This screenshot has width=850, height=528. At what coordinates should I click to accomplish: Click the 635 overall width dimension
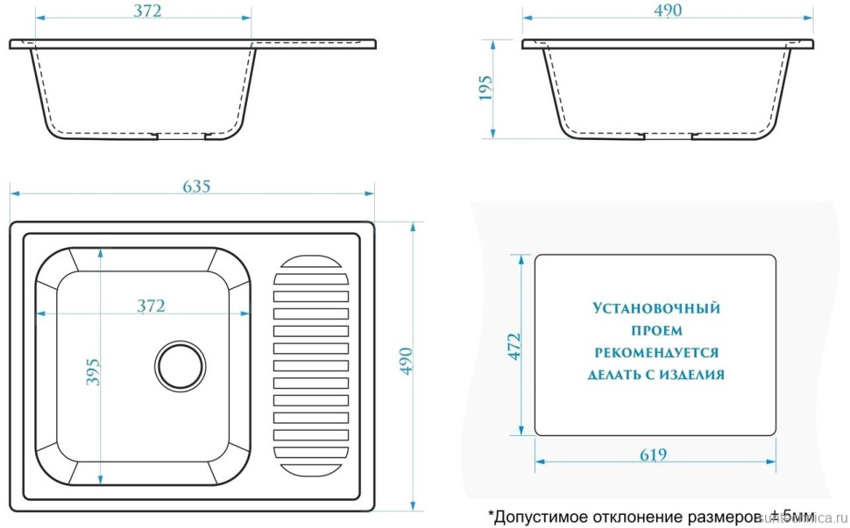[196, 186]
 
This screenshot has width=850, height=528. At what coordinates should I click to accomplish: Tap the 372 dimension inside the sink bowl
[151, 306]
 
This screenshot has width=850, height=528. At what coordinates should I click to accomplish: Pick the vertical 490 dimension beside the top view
[405, 360]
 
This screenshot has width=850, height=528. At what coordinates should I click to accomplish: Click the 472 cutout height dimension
[514, 347]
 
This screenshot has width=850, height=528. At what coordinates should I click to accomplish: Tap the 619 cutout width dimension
[653, 454]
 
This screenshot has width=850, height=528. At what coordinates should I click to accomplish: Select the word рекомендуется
[655, 353]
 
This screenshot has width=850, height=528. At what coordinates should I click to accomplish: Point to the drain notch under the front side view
[181, 136]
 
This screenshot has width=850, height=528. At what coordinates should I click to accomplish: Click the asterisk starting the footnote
[492, 512]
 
